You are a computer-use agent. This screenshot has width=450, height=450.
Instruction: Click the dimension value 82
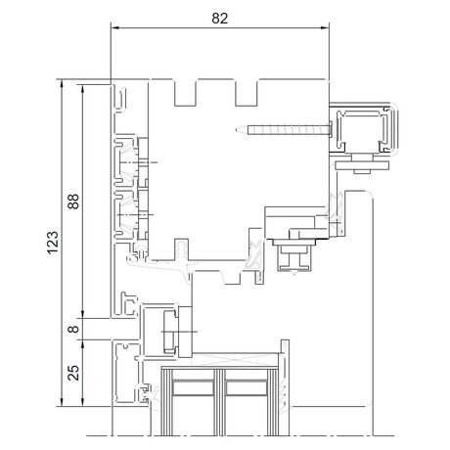[x=219, y=19]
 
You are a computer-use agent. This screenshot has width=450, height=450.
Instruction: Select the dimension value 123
[x=53, y=243]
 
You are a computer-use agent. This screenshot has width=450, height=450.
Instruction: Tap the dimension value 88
[x=73, y=202]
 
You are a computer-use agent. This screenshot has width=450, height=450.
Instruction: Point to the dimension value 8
[x=73, y=329]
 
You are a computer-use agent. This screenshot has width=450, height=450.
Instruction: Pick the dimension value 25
[x=73, y=372]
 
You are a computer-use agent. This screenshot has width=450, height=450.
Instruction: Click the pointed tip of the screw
[x=236, y=130]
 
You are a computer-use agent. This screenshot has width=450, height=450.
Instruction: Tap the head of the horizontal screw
[x=330, y=130]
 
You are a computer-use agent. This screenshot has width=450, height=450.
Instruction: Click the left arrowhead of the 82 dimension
[x=114, y=27]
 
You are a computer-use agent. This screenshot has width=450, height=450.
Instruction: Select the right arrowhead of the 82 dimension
[x=325, y=27]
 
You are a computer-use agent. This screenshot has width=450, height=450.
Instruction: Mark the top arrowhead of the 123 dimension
[x=61, y=83]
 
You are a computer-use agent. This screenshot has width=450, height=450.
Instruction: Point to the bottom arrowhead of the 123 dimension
[x=61, y=403]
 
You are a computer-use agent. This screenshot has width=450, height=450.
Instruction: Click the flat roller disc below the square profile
[x=362, y=165]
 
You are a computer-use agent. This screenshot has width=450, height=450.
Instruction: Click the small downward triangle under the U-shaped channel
[x=294, y=273]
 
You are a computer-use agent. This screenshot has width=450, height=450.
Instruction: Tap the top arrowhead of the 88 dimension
[x=83, y=88]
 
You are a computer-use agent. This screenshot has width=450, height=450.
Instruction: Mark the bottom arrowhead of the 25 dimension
[x=83, y=403]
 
